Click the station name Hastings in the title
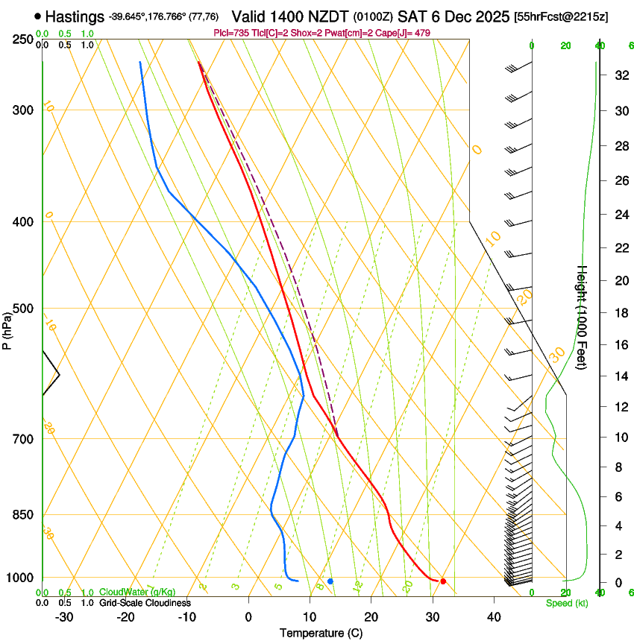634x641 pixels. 74,16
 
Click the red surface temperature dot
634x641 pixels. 443,581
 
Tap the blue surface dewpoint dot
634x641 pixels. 330,581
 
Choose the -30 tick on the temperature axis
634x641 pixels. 64,617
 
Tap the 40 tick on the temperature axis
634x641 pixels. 494,617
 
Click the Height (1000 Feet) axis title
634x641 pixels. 583,317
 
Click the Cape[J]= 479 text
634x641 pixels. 407,33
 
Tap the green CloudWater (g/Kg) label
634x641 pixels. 137,592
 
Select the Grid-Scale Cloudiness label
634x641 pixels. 145,602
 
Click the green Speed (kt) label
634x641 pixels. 566,603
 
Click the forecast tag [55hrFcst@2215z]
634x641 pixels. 561,16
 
